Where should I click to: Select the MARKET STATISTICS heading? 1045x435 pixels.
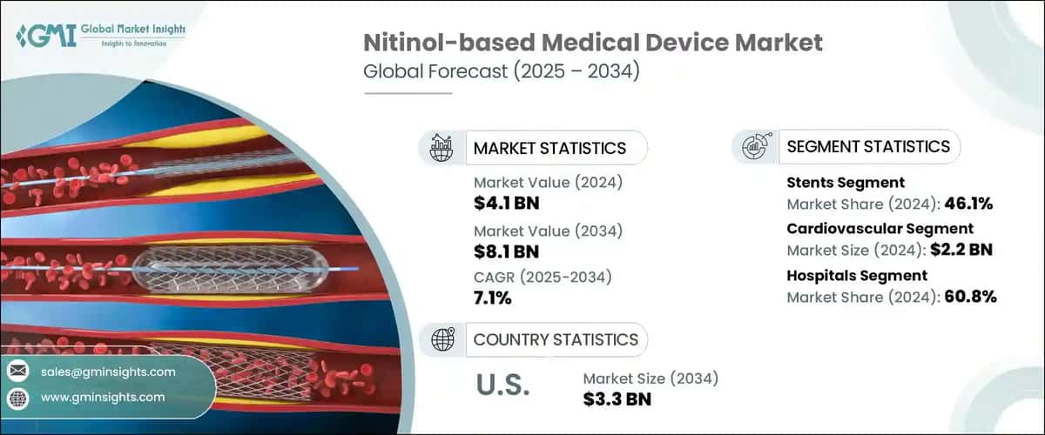[549, 148]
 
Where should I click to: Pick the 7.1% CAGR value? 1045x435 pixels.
[492, 298]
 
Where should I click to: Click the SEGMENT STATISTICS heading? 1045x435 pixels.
[867, 147]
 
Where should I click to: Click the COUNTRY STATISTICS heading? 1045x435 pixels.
[555, 339]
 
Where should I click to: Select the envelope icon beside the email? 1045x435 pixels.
[17, 371]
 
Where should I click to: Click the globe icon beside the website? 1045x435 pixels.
[17, 398]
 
